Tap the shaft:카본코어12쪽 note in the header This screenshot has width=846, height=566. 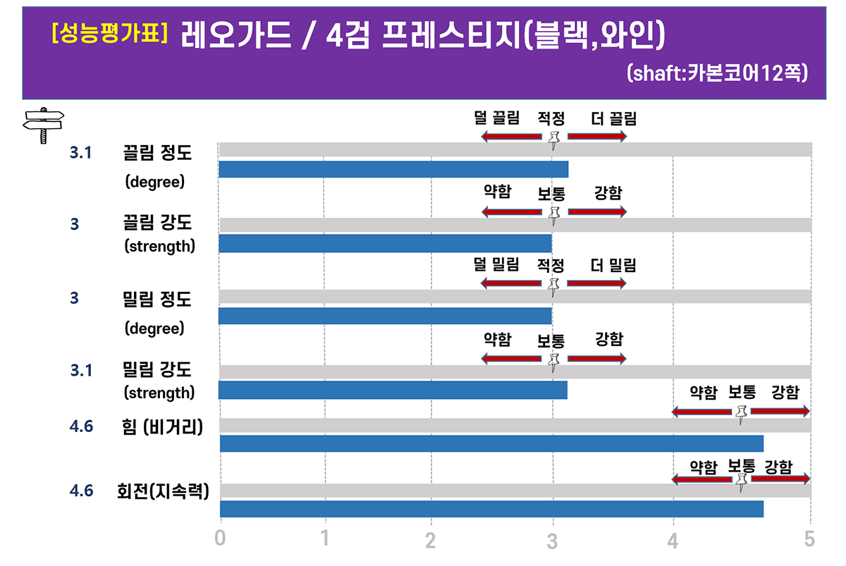tap(716, 73)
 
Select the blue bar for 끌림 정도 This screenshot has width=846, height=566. tap(393, 169)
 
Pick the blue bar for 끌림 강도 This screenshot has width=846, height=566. tap(385, 243)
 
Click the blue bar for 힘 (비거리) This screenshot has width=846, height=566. tap(491, 443)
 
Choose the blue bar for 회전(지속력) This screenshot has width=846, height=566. tap(491, 509)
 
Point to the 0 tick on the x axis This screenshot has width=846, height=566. tap(221, 539)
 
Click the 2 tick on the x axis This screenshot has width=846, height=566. tap(431, 540)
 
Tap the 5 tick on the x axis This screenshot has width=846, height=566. tap(809, 539)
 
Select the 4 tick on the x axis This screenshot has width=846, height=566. tap(673, 540)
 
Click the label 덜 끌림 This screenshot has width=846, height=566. tap(497, 118)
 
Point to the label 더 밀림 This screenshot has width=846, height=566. tap(613, 265)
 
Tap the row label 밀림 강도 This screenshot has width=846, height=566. tap(157, 369)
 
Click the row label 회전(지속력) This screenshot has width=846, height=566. tap(163, 491)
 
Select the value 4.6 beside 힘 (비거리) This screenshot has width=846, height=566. tap(82, 426)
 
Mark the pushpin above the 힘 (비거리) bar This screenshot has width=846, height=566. tap(740, 414)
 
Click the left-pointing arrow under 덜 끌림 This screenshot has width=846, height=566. tap(511, 136)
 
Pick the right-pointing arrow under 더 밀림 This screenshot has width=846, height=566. tap(596, 283)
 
